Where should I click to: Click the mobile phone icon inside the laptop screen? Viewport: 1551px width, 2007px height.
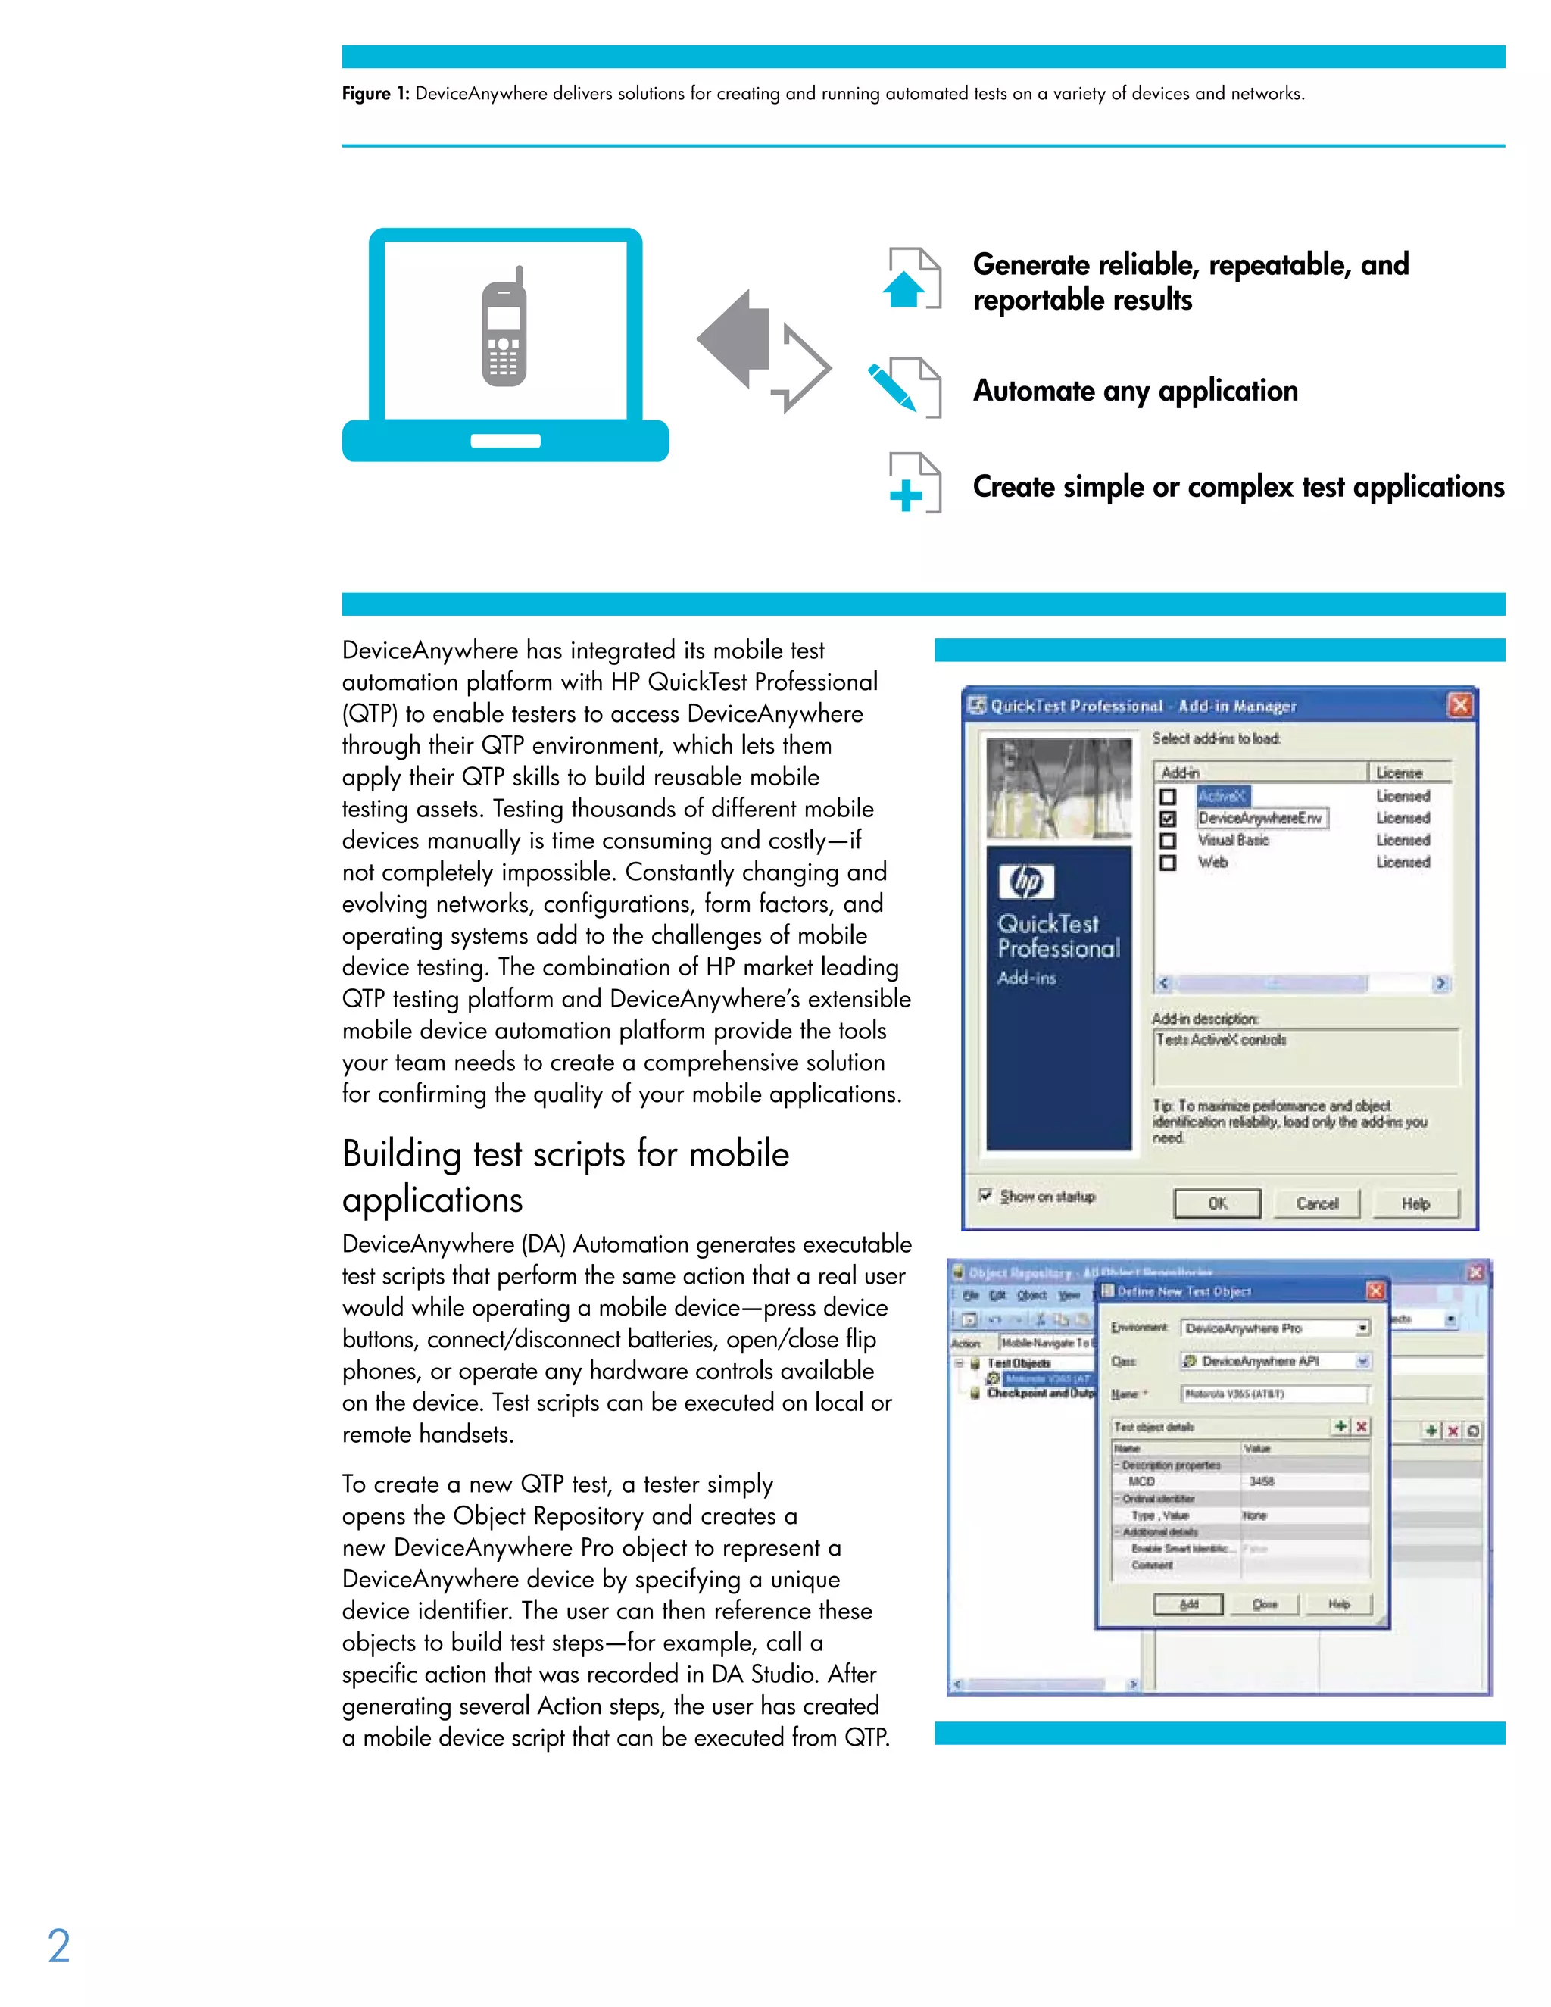[504, 327]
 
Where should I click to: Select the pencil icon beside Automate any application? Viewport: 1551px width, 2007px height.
[891, 387]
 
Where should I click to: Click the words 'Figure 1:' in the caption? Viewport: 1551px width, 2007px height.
[375, 94]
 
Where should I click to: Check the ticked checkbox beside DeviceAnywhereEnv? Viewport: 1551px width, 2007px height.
[1168, 818]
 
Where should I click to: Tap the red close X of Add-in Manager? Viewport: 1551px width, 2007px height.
[1459, 705]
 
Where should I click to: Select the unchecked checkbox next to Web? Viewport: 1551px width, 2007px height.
[1168, 862]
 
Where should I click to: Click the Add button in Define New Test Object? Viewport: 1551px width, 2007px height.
[1188, 1603]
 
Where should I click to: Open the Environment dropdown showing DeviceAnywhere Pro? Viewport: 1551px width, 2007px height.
[1362, 1328]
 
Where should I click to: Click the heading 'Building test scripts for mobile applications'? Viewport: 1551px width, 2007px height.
[565, 1175]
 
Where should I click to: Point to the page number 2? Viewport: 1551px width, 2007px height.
[59, 1946]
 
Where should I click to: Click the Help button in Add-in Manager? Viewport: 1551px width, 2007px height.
[1415, 1203]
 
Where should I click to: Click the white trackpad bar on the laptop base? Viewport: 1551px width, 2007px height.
[505, 441]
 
